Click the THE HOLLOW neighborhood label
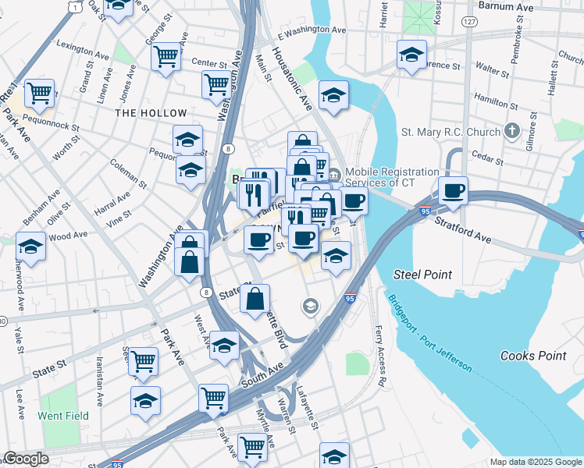[x=151, y=113]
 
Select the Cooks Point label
[x=533, y=356]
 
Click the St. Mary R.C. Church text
[x=450, y=132]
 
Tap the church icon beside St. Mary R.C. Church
[x=512, y=130]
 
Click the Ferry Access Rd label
[x=381, y=356]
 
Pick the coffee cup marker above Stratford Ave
[x=452, y=190]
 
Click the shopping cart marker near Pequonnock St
[x=39, y=93]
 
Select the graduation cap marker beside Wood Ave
[x=31, y=246]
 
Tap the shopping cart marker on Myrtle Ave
[x=252, y=446]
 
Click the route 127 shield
[x=468, y=22]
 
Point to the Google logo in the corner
[x=26, y=459]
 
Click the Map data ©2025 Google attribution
[x=535, y=462]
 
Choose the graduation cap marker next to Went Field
[x=146, y=401]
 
